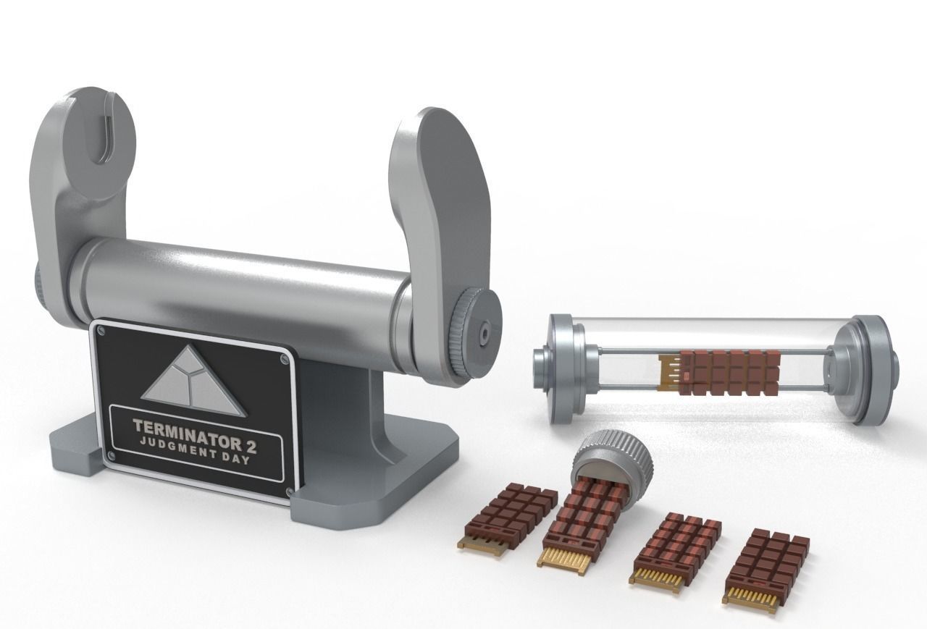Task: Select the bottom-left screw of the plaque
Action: coord(110,455)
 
